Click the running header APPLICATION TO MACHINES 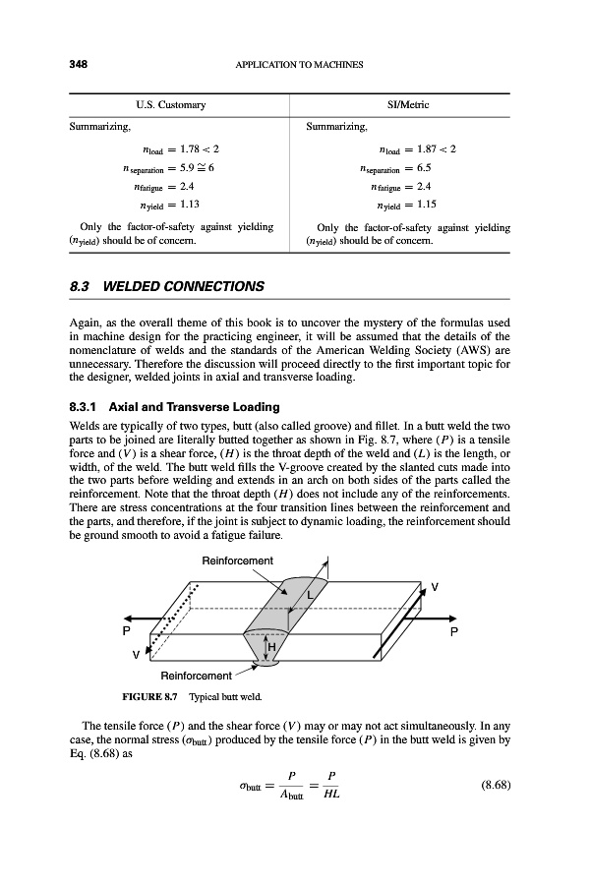[x=300, y=65]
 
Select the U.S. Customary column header [x=163, y=104]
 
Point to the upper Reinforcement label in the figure [x=236, y=560]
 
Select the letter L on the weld [x=309, y=596]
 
